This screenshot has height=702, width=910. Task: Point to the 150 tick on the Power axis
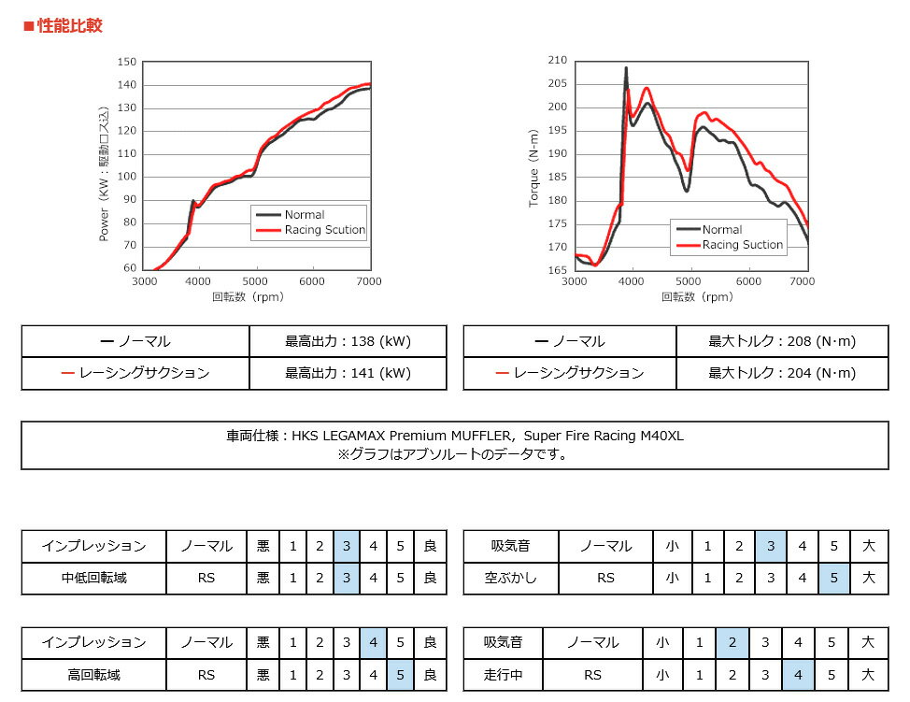[x=127, y=62]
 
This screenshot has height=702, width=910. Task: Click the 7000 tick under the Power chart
[x=369, y=281]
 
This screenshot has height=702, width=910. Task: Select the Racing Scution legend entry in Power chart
[x=324, y=230]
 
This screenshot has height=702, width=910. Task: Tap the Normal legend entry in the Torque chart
[x=721, y=230]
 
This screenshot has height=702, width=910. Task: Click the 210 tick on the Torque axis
[x=557, y=60]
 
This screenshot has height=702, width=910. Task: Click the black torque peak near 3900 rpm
[x=626, y=68]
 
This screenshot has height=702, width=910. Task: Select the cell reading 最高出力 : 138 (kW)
[x=348, y=341]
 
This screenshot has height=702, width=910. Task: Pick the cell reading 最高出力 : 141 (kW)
[x=348, y=373]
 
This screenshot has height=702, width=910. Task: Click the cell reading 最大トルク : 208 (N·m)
[x=782, y=341]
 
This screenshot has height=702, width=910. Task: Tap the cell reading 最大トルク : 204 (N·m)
[x=782, y=373]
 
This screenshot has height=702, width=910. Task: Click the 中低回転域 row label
[x=93, y=578]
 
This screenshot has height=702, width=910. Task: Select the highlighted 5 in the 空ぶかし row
[x=833, y=578]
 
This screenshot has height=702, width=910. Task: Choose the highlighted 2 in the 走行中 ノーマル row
[x=732, y=642]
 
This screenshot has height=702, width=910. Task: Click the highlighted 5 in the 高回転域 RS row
[x=400, y=674]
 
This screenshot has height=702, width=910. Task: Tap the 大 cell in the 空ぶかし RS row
[x=869, y=578]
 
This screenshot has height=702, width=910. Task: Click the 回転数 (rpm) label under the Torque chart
[x=697, y=297]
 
